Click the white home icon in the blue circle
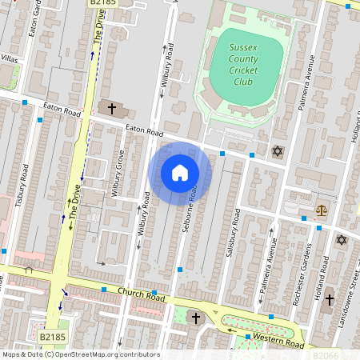(180, 173)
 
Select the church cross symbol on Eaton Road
(112, 108)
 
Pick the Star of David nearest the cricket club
(278, 151)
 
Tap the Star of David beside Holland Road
(342, 239)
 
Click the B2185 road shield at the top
(99, 3)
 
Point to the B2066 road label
(326, 354)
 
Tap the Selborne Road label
(193, 210)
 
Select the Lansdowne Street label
(353, 292)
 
